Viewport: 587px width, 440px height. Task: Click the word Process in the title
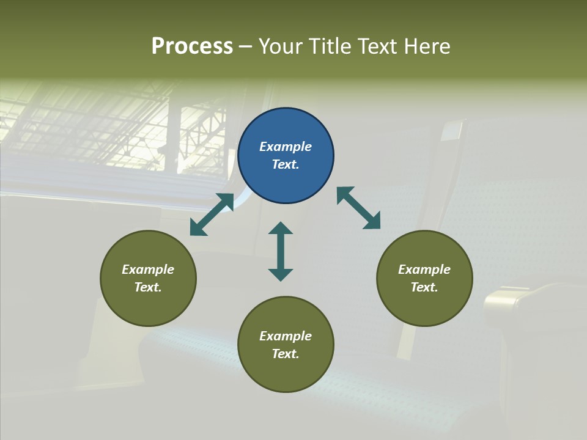(192, 46)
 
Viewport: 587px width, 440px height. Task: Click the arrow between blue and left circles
(212, 215)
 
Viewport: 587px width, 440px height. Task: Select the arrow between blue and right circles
(359, 208)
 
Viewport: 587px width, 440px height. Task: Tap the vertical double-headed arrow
(281, 251)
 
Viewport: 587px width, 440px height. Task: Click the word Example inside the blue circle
(286, 147)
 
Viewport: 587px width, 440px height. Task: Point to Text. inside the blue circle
(286, 164)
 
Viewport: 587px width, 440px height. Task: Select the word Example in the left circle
(148, 269)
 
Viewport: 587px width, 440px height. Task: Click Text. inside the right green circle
(424, 287)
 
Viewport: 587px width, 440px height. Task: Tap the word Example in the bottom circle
(286, 336)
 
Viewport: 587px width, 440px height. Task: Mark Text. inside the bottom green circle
(286, 354)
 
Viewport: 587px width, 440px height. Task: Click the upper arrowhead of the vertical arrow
(281, 229)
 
